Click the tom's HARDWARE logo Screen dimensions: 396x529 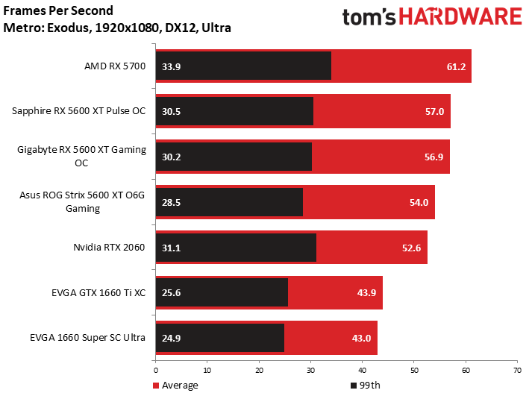pos(431,19)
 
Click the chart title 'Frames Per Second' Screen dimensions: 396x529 pos(59,11)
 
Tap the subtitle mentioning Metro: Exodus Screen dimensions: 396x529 pos(117,28)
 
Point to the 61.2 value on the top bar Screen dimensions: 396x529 pos(456,66)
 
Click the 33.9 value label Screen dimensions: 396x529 pos(171,66)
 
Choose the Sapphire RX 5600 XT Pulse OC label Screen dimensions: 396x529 pos(78,111)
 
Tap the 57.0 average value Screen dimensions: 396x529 pos(435,111)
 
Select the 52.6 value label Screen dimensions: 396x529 pos(412,247)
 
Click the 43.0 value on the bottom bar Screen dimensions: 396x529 pos(362,338)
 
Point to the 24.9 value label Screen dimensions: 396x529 pos(171,338)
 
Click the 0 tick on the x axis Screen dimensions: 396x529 pos(155,369)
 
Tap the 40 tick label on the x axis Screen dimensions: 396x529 pos(362,369)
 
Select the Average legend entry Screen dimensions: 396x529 pos(176,386)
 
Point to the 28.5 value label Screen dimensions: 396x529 pos(171,202)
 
